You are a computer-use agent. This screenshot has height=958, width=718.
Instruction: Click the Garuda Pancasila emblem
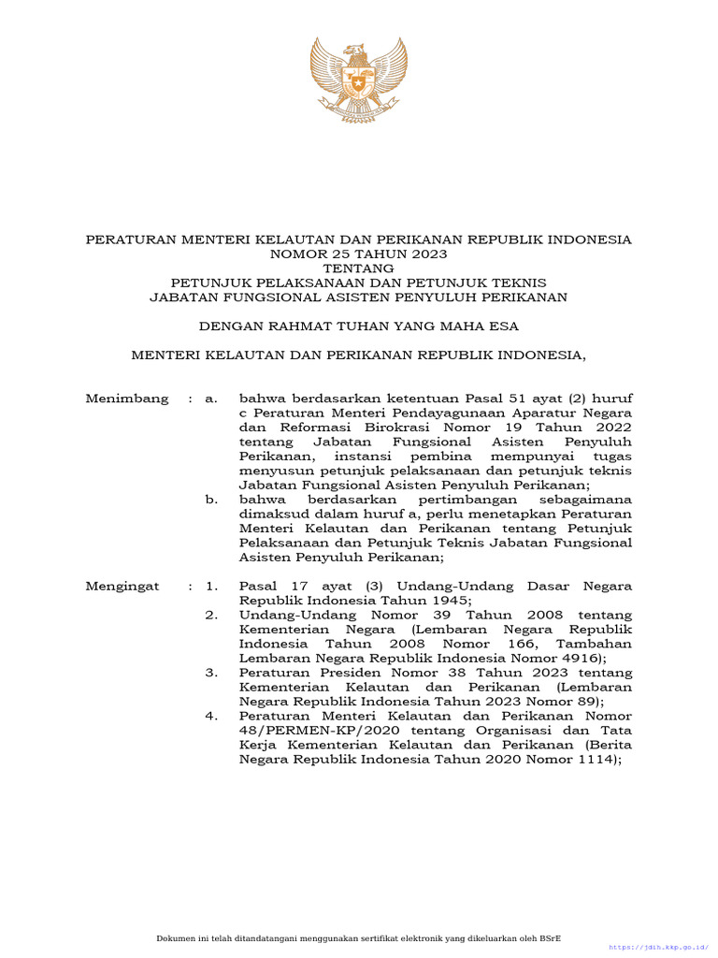[x=358, y=80]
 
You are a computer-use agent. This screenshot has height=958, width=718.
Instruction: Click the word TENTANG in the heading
[x=358, y=269]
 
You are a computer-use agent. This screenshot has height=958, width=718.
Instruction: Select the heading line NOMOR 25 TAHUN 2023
[x=358, y=254]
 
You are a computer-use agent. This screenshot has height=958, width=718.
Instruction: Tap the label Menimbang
[x=127, y=399]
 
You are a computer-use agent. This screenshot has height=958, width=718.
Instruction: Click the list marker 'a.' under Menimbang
[x=211, y=399]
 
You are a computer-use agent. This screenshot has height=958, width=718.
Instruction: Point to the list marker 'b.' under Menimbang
[x=211, y=501]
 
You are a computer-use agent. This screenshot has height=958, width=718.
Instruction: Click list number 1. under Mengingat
[x=212, y=587]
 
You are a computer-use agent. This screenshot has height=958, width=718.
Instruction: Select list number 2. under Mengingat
[x=212, y=616]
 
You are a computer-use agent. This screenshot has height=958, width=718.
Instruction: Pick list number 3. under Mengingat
[x=212, y=674]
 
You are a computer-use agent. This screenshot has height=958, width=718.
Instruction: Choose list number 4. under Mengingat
[x=212, y=717]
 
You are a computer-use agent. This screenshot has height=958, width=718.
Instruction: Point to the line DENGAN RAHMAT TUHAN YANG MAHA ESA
[x=358, y=327]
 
